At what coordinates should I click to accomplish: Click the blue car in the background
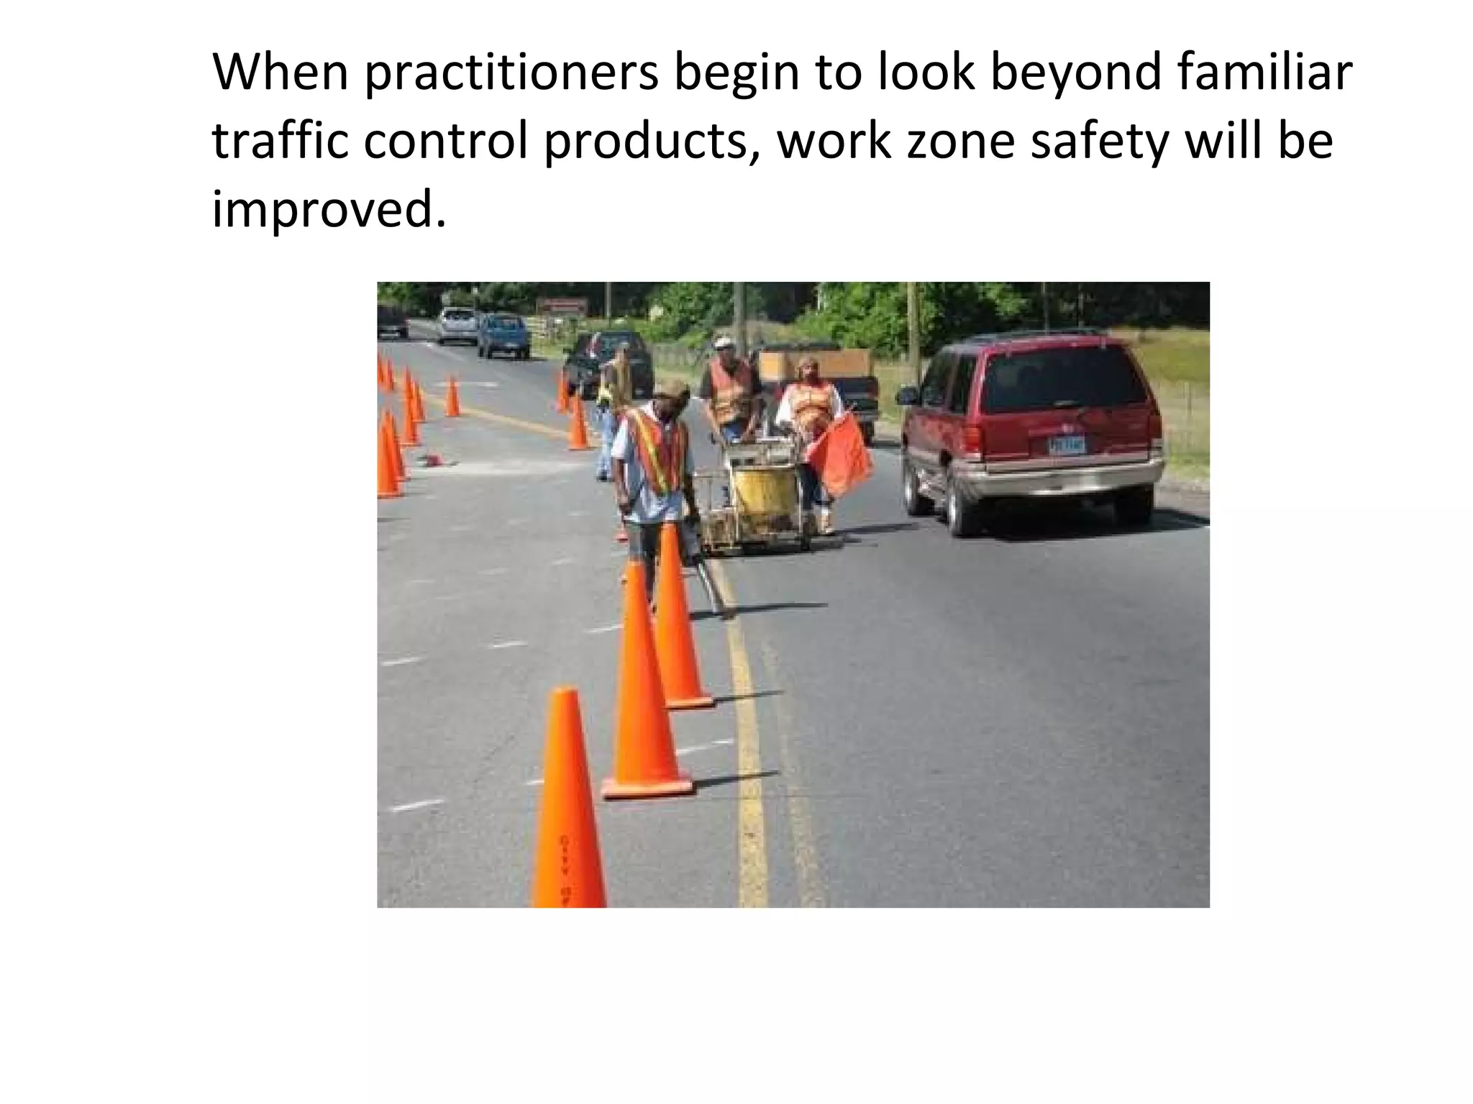coord(503,334)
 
